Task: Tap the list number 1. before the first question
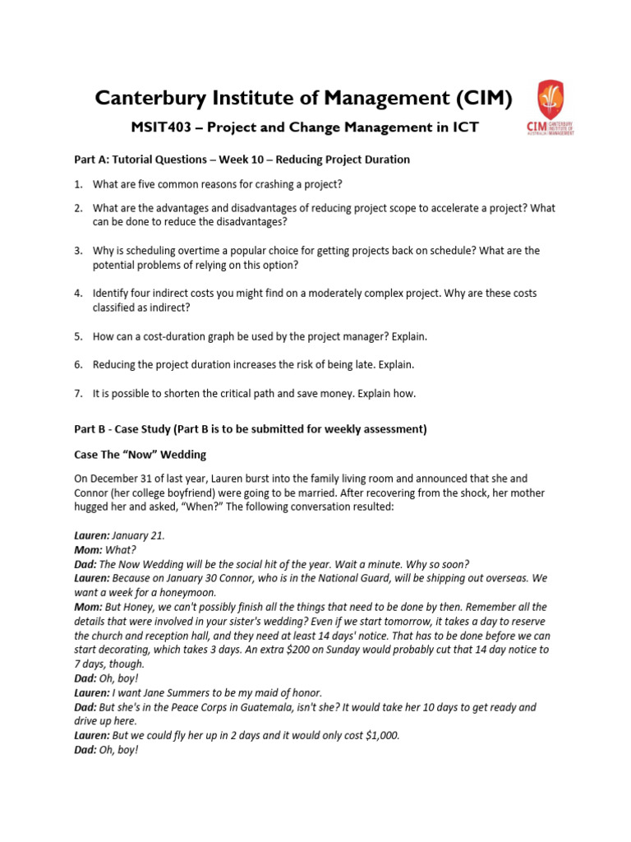pos(78,184)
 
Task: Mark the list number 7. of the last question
pos(78,394)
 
